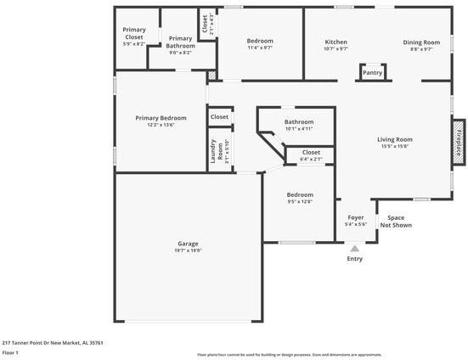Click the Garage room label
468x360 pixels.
click(188, 244)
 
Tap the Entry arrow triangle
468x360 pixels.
click(355, 249)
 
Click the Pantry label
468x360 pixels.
click(372, 73)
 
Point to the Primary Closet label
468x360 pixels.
click(133, 34)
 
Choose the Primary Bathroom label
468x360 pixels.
click(179, 42)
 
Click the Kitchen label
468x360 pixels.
click(336, 42)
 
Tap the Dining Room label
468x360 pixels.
click(421, 42)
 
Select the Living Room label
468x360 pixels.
click(395, 139)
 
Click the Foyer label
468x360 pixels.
click(356, 217)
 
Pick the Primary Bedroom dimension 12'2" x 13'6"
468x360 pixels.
click(161, 125)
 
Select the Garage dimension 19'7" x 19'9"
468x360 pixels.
click(188, 250)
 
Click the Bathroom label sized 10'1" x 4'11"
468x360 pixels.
click(298, 121)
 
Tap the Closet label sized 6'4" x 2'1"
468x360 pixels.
click(311, 152)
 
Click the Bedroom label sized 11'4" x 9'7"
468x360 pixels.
click(260, 41)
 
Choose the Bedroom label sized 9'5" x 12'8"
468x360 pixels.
click(300, 194)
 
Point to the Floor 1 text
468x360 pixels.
click(10, 352)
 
